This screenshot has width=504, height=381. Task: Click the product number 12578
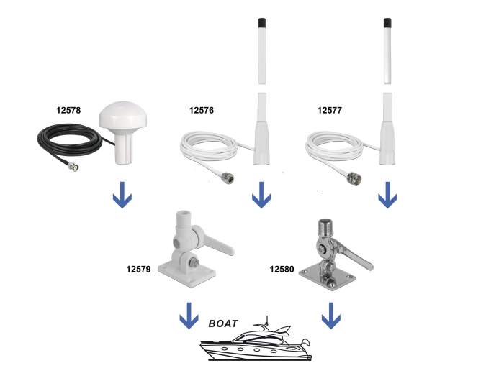click(x=68, y=111)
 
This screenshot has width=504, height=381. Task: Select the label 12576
click(x=202, y=111)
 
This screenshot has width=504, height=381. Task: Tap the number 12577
click(x=330, y=111)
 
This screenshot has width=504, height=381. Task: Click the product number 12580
click(x=283, y=269)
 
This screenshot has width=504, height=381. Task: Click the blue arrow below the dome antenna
click(x=123, y=195)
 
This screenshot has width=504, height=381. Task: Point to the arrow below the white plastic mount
click(x=189, y=314)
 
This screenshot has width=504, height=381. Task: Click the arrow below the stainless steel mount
click(x=330, y=315)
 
